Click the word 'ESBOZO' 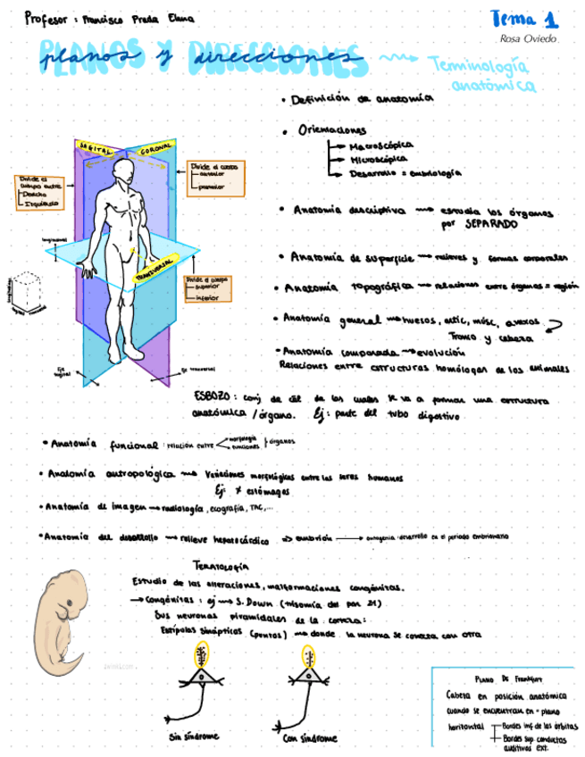(x=213, y=395)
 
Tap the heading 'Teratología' (x=227, y=564)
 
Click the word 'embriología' (x=437, y=172)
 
